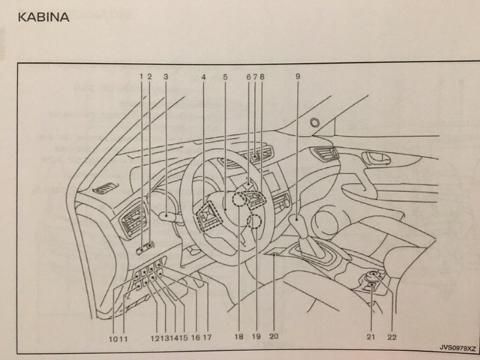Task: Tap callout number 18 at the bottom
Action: coord(238,337)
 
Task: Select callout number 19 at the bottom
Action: coord(256,337)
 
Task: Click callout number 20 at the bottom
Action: coord(274,337)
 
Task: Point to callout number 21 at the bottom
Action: coord(370,337)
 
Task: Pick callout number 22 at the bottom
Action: coord(391,337)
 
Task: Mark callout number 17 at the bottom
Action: coord(207,337)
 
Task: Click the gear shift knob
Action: coord(298,223)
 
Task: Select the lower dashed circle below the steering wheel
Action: coord(254,221)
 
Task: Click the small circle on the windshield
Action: coord(314,122)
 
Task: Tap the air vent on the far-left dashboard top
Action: coord(105,188)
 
